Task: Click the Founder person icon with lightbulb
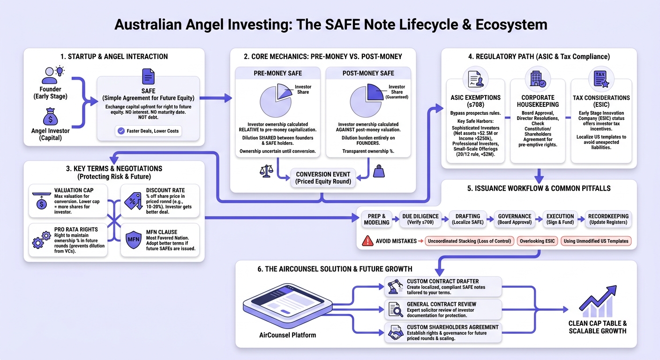pos(53,75)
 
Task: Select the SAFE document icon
pos(148,76)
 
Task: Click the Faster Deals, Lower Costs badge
pos(148,131)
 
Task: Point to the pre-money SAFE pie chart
pos(276,100)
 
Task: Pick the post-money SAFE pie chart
pos(367,101)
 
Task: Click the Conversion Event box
pos(323,178)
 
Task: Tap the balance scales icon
pos(266,171)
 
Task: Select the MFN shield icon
pos(134,240)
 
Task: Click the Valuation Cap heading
pos(74,190)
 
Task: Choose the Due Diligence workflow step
pos(420,219)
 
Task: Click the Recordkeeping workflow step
pos(608,219)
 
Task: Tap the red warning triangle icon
pos(367,240)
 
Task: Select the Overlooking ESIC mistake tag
pos(537,241)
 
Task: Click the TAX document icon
pos(601,79)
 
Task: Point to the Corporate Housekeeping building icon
pos(538,79)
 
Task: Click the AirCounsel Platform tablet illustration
pos(287,306)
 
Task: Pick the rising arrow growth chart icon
pos(598,301)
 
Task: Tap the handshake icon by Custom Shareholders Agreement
pos(396,332)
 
